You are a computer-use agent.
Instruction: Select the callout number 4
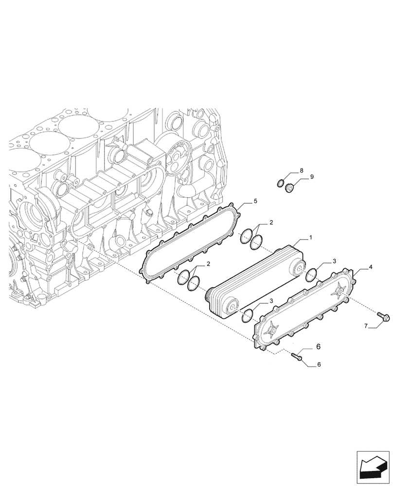click(x=371, y=267)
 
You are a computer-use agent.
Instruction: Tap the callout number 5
click(x=255, y=201)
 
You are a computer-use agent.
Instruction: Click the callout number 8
click(x=301, y=171)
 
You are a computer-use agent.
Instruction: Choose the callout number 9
click(x=312, y=177)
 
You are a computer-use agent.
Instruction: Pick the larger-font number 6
click(x=318, y=347)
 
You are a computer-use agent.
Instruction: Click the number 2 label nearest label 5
click(x=271, y=223)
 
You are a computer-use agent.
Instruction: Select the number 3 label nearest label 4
click(x=334, y=261)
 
